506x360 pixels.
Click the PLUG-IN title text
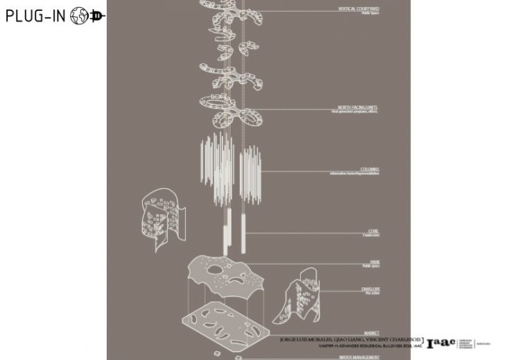coord(35,16)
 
